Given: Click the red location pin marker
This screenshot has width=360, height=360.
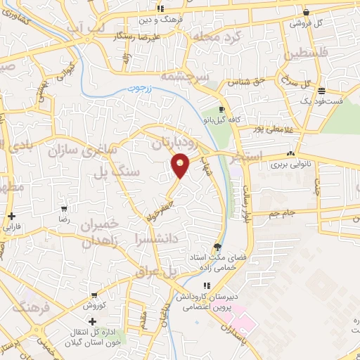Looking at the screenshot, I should point(181,166).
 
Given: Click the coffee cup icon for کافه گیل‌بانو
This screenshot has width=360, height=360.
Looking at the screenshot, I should point(222,110).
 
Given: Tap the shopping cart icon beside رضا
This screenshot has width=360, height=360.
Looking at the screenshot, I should point(64,209).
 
